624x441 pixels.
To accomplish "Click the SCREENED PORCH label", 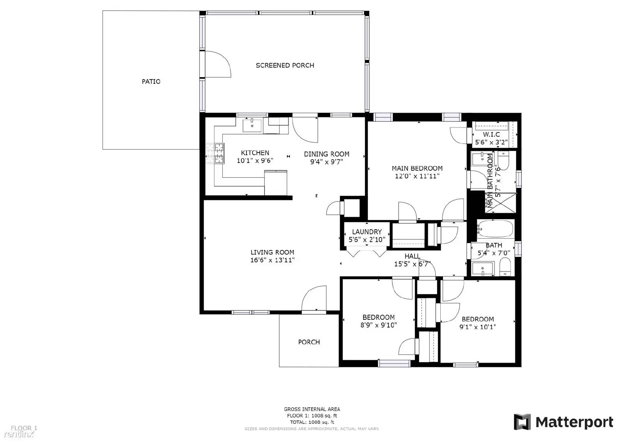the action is [x=285, y=66].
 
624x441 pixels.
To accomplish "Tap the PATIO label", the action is [x=151, y=81].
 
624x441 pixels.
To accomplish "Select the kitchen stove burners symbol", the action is [x=215, y=153].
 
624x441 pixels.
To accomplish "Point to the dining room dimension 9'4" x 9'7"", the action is [x=326, y=162].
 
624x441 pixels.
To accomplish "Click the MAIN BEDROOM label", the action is [x=417, y=168].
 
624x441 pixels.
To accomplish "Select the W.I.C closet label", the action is [x=491, y=135].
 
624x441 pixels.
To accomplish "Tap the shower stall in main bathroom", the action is [x=501, y=203].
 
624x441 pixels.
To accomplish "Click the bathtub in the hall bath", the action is [x=495, y=228].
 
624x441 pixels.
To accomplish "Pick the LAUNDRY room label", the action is [x=367, y=232].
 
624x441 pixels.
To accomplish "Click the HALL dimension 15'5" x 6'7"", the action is [x=412, y=264].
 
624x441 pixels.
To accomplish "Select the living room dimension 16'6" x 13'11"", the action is [x=272, y=260].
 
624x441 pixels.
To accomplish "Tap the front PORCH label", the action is [x=309, y=342].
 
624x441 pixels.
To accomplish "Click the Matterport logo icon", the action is [x=522, y=422].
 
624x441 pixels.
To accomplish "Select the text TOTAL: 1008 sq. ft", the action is [x=312, y=422].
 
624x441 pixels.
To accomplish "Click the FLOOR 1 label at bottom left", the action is [x=24, y=428].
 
